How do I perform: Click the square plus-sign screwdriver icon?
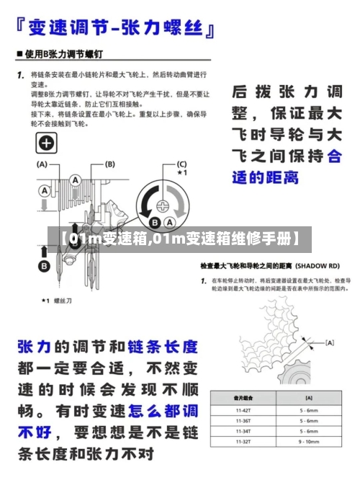point(47,143)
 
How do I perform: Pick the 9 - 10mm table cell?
point(308,441)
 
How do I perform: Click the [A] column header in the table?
point(308,398)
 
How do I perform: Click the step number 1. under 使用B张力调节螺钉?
point(22,74)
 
